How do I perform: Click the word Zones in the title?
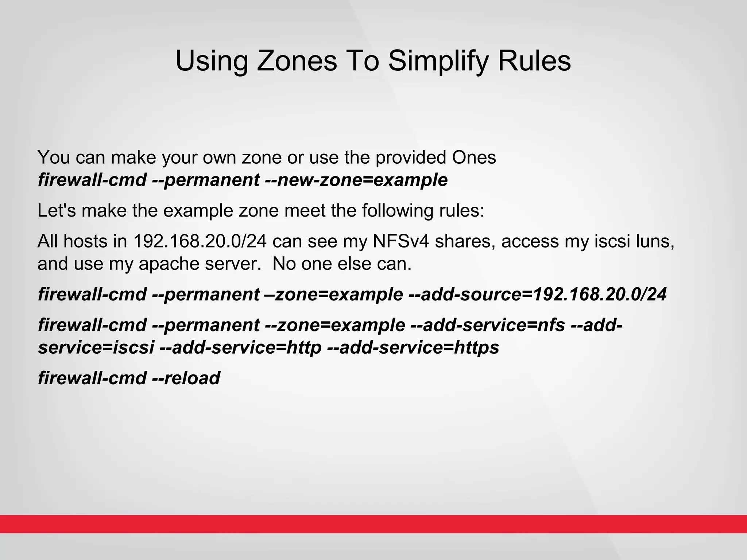point(297,61)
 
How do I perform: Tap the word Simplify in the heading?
point(437,61)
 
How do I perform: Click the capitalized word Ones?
point(474,157)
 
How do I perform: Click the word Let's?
point(57,210)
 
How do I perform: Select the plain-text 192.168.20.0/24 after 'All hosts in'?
point(200,241)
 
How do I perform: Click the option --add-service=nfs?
point(488,325)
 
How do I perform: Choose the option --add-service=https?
point(413,347)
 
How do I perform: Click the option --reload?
point(186,378)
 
